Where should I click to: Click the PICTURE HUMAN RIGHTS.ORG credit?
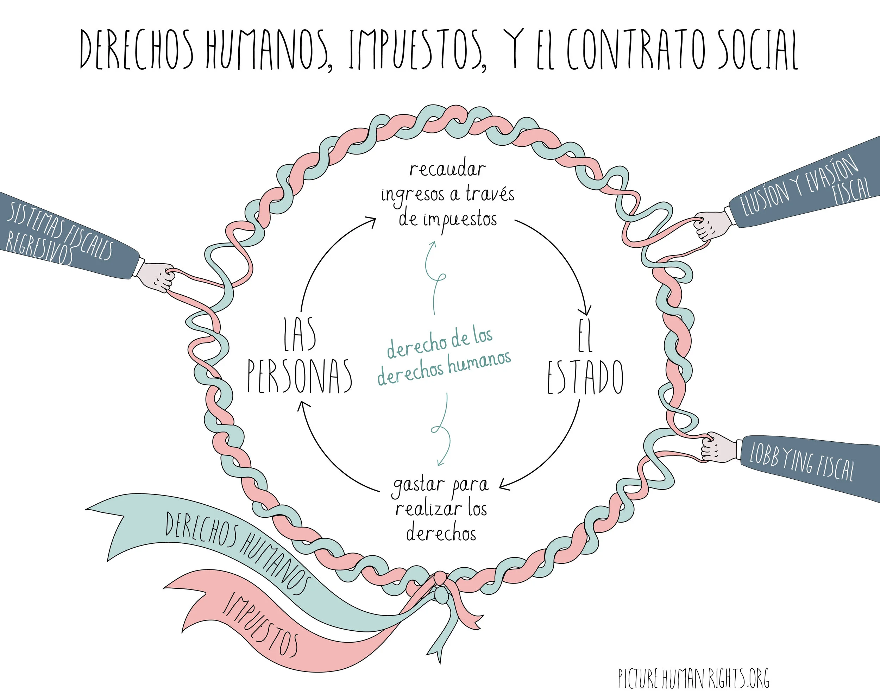pos(693,679)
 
